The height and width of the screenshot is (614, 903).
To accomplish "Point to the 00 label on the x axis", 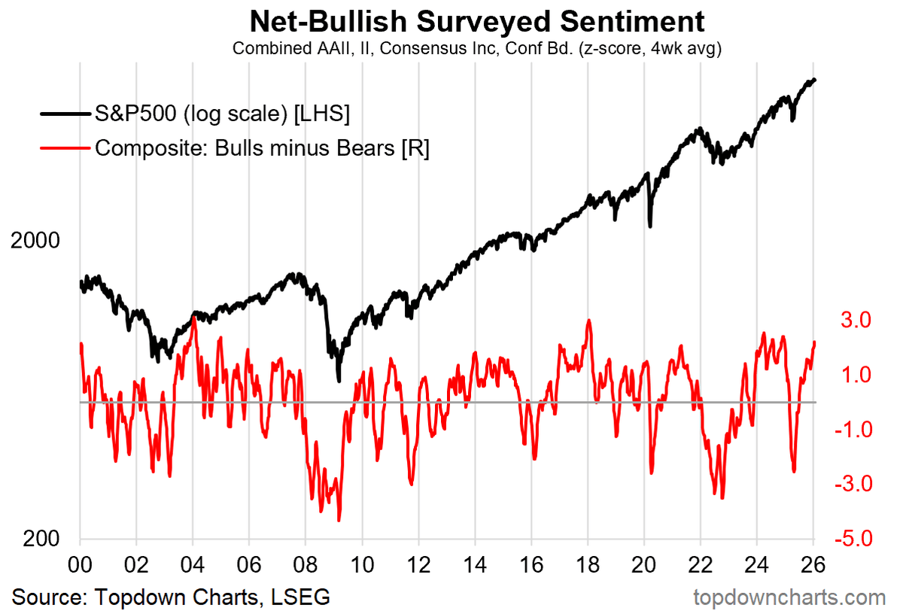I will (x=80, y=564).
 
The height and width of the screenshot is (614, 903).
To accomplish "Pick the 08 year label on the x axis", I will (x=306, y=564).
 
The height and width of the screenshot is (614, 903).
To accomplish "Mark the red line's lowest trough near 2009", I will (x=339, y=520).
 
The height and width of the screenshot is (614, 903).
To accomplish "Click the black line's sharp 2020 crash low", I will (x=650, y=226).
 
